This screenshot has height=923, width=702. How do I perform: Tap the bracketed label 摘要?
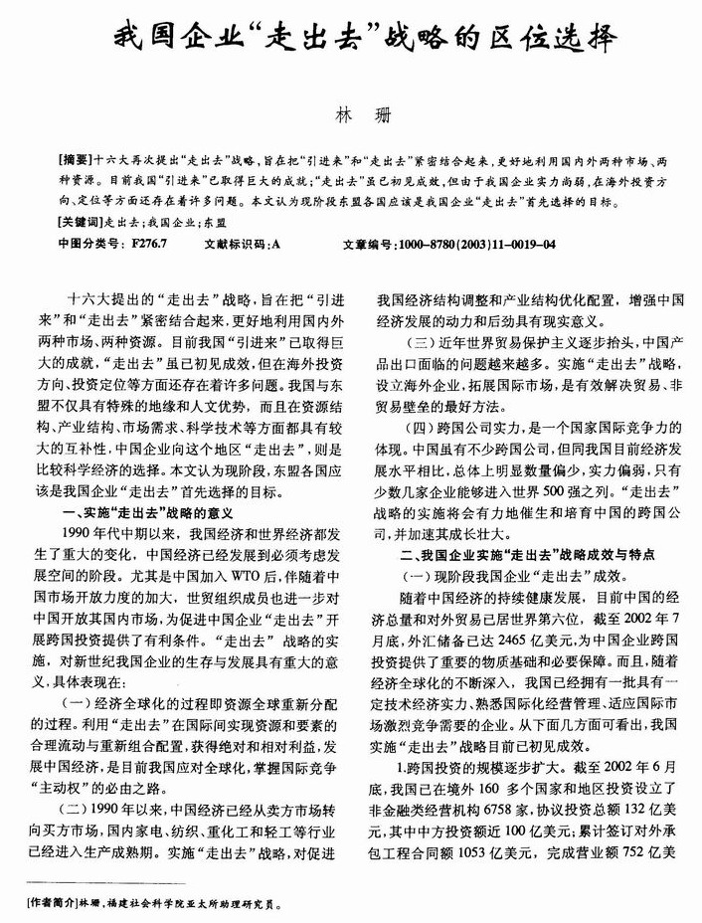79,159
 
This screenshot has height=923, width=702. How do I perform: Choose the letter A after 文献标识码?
275,243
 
